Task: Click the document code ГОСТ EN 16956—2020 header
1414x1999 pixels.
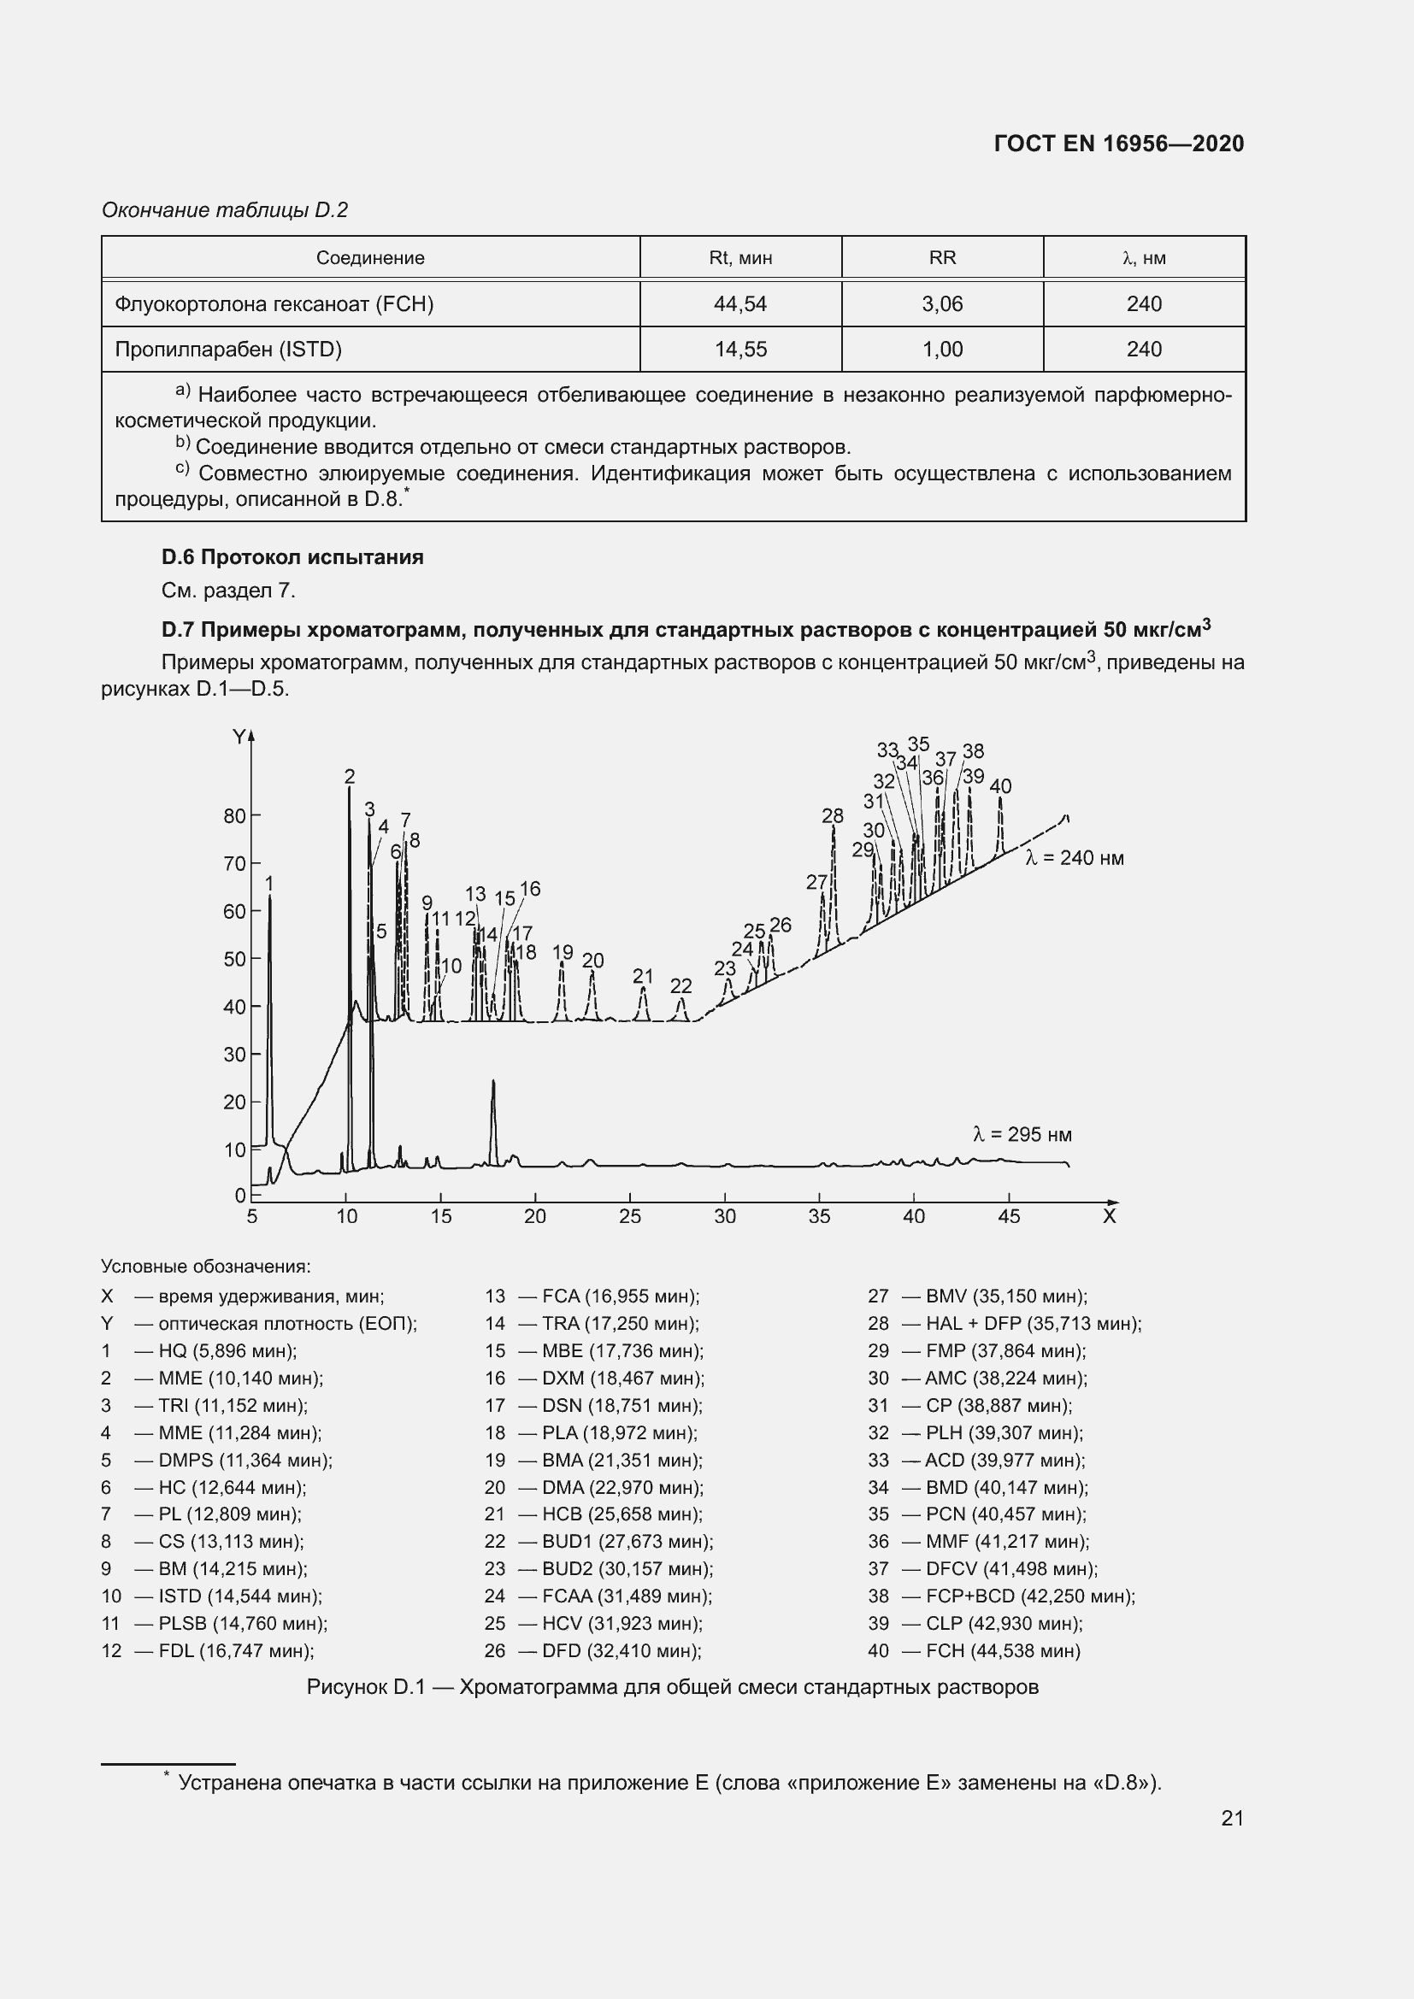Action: (1118, 144)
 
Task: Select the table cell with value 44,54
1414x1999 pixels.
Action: (739, 304)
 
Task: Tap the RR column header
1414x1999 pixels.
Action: (941, 258)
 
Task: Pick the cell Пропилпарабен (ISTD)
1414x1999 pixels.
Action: (228, 350)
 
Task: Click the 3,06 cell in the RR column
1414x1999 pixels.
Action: (941, 304)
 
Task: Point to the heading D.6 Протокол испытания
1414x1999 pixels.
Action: (292, 557)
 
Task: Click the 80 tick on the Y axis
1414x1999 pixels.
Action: (235, 816)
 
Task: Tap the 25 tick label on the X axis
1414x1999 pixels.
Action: (629, 1216)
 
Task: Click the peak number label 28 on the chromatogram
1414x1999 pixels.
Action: (833, 816)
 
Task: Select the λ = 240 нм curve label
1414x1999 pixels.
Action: (1075, 858)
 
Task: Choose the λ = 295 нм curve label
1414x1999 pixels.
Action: (1022, 1134)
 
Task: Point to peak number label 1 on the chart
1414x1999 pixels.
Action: (269, 884)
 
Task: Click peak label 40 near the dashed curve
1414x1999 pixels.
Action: (1000, 786)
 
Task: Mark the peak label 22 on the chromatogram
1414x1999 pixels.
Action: (680, 985)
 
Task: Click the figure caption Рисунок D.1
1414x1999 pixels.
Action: (672, 1687)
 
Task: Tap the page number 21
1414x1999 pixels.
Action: (1231, 1818)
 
